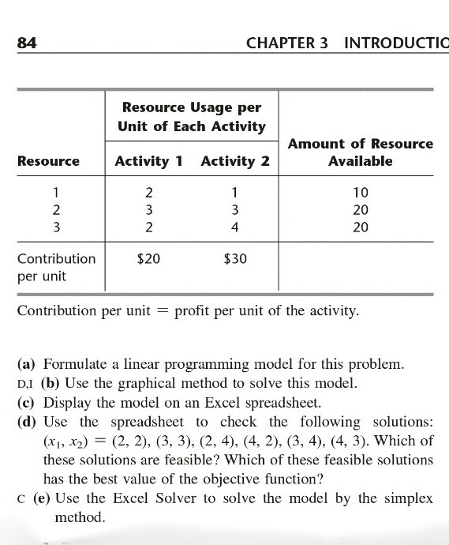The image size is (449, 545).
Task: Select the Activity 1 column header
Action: point(148,161)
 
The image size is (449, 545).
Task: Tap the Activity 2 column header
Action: point(235,161)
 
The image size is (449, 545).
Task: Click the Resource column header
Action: point(48,161)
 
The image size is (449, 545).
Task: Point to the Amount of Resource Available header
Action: point(361,152)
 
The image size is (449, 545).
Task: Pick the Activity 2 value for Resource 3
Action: point(235,227)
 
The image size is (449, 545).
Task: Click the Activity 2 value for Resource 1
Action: point(235,193)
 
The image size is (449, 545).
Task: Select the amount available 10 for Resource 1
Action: point(361,193)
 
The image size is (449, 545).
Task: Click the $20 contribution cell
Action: point(148,258)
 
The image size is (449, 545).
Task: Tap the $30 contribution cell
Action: point(235,258)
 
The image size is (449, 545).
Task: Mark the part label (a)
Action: point(28,365)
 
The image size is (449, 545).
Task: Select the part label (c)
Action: point(28,403)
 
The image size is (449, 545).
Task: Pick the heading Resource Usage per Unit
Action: point(190,117)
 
